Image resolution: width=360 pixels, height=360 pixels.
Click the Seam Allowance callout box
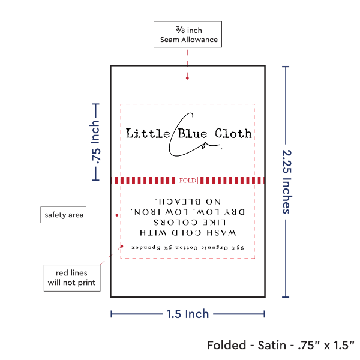188,34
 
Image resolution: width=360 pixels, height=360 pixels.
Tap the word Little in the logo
147,133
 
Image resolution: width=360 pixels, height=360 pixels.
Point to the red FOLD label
187,180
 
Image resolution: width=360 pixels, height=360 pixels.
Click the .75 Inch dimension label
94,142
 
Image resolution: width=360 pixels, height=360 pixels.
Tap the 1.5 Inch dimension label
188,313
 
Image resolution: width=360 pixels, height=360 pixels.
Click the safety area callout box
64,215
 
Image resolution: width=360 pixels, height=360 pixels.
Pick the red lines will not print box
71,277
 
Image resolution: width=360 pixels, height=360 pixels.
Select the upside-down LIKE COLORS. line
188,222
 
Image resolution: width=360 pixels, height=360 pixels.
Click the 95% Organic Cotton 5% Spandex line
188,247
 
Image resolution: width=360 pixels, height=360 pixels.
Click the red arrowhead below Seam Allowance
188,77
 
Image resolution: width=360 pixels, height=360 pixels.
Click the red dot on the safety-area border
121,246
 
